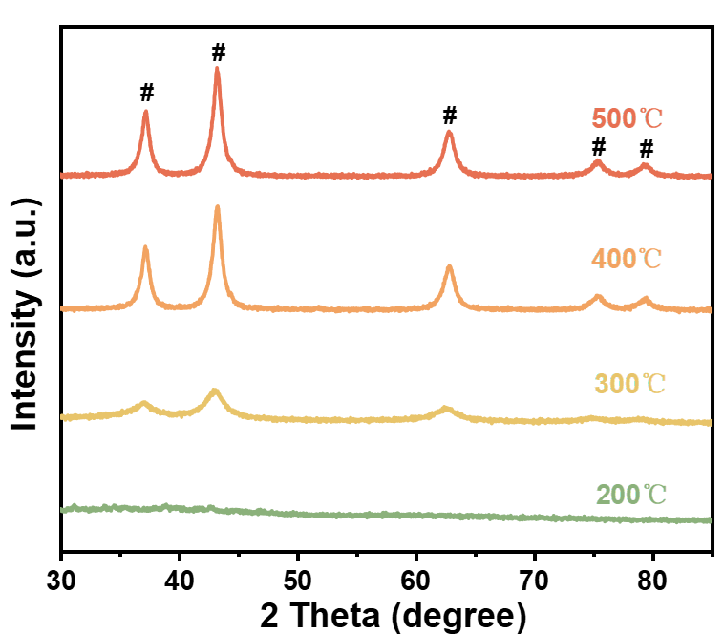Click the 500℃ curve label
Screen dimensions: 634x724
coord(627,120)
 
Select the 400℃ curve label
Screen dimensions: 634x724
coord(627,259)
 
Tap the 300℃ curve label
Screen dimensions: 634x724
coord(628,385)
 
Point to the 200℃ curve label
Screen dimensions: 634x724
coord(631,495)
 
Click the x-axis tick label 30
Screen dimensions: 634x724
coord(61,580)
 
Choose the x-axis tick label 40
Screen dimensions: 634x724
coord(180,580)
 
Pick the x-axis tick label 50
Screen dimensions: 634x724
coord(298,580)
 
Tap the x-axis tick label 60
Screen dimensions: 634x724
coord(416,580)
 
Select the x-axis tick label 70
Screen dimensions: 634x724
coord(535,580)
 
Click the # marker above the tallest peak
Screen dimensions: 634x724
coord(218,52)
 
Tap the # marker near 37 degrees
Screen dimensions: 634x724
coord(146,93)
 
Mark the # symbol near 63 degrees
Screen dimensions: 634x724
coord(450,116)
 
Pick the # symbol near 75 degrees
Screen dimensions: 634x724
coord(599,147)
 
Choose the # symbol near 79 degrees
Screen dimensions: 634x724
coord(647,149)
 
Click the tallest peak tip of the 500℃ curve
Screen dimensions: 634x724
coord(218,69)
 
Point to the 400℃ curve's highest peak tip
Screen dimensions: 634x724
coord(218,207)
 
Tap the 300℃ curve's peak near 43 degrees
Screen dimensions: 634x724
coord(215,391)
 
